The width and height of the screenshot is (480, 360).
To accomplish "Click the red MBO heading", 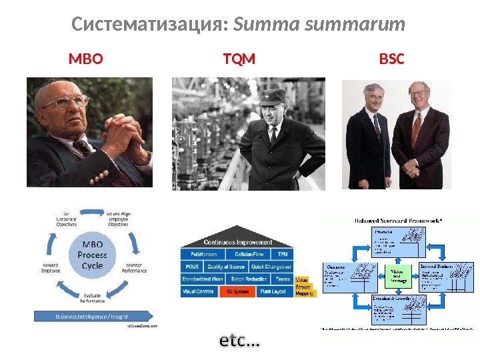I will (x=86, y=60).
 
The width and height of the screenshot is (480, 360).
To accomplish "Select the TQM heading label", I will (x=239, y=60).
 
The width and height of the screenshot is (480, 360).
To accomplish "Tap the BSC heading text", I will (x=391, y=60).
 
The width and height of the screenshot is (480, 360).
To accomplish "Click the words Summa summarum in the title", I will (x=320, y=25).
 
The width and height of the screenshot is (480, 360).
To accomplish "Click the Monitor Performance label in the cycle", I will (x=135, y=268).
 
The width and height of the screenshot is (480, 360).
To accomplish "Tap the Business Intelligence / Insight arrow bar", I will (x=93, y=315).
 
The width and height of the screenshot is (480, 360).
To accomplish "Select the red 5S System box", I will (x=238, y=291).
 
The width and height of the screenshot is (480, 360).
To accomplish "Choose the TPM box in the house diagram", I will (x=283, y=255).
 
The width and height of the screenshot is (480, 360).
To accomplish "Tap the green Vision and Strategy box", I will (x=397, y=275).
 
